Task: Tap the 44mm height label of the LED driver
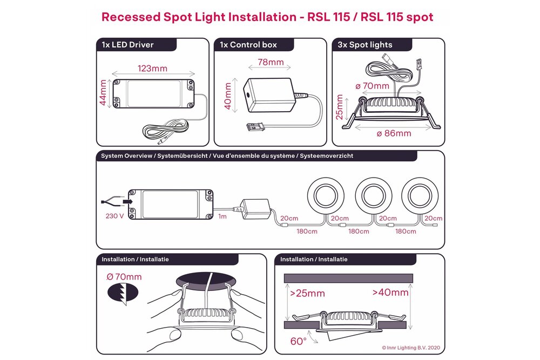pos(103,93)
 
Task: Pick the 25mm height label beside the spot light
pos(340,108)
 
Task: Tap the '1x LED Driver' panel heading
pos(127,45)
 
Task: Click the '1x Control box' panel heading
pos(248,45)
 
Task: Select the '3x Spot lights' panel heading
pos(364,45)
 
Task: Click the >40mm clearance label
pos(390,293)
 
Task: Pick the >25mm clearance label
pos(307,294)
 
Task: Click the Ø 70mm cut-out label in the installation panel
pos(124,277)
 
